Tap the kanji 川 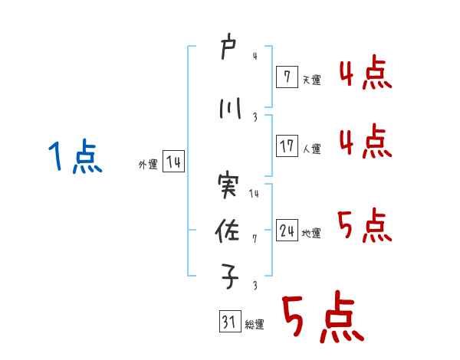coord(229,110)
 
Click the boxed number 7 coord(286,77)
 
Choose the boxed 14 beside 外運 coord(173,162)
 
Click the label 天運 coord(311,80)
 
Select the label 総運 coord(255,325)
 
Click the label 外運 coord(148,165)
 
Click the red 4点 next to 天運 coord(365,74)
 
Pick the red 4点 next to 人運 coord(365,142)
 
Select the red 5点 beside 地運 coord(365,226)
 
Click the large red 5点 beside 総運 coord(321,318)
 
